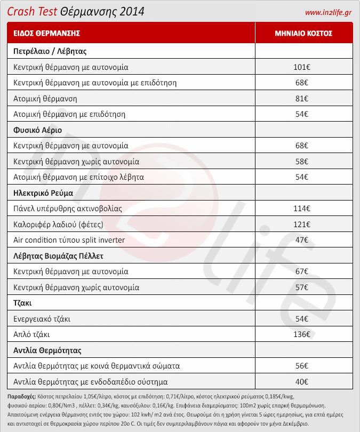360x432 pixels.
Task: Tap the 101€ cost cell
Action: point(302,68)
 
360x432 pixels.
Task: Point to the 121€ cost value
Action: point(302,224)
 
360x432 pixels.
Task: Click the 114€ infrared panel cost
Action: point(302,208)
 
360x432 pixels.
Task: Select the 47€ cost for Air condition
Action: point(302,240)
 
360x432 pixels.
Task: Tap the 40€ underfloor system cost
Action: point(302,382)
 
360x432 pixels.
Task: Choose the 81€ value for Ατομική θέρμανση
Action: point(302,99)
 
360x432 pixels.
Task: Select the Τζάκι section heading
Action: point(23,303)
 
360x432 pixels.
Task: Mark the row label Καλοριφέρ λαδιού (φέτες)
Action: point(58,224)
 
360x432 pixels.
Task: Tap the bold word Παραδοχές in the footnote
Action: point(22,397)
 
